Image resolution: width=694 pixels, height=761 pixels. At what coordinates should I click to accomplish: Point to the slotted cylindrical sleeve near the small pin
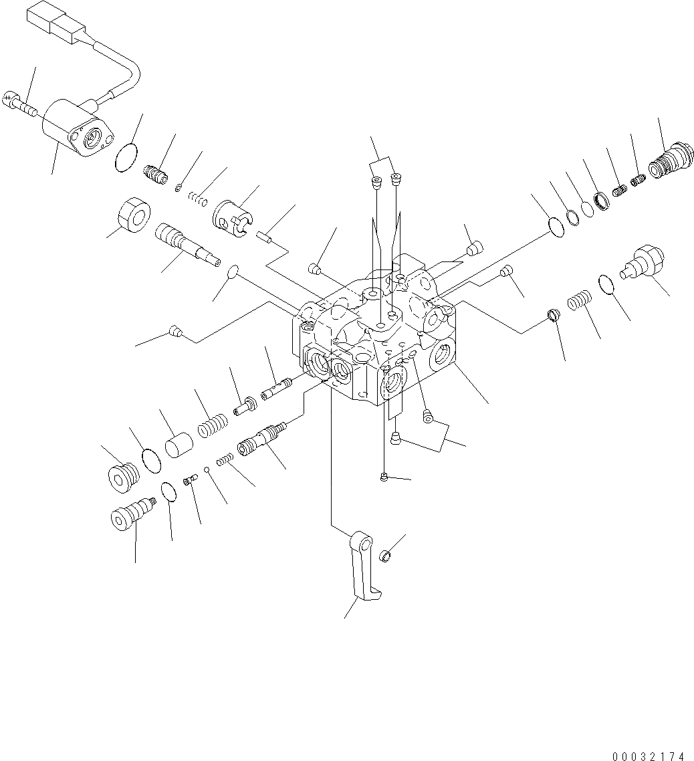point(235,218)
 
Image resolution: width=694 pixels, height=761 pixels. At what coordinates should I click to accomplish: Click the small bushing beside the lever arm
point(384,556)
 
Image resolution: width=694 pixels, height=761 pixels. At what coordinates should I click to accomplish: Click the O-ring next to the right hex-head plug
point(606,284)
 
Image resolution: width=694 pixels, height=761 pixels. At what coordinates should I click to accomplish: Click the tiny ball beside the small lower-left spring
point(209,469)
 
